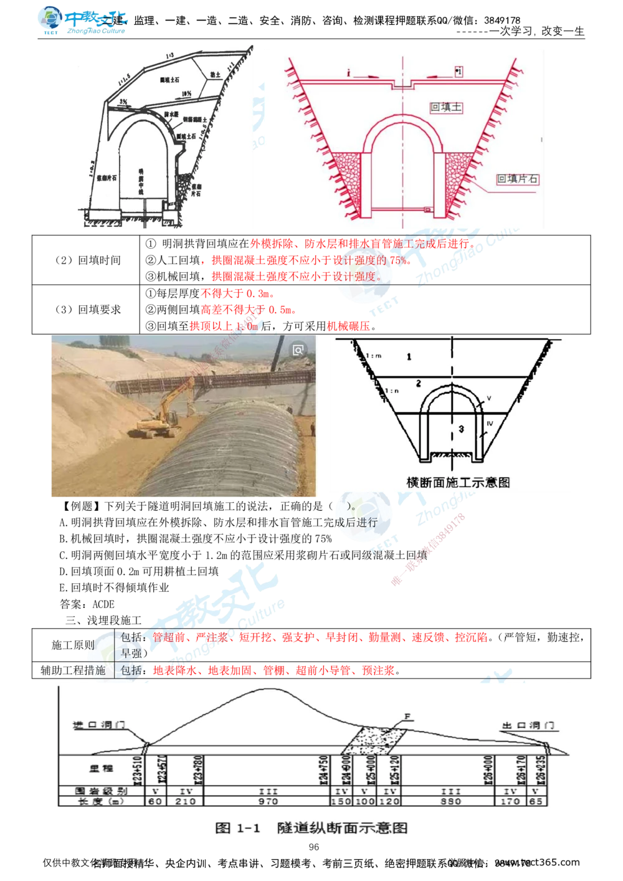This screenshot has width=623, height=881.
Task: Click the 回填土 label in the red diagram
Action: [447, 107]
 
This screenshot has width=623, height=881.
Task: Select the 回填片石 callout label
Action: [517, 179]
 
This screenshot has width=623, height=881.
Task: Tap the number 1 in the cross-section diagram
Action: [409, 357]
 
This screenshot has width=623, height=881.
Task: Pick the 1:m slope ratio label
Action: [373, 355]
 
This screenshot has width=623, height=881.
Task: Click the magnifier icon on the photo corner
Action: [298, 350]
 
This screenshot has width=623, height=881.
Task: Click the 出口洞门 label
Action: [530, 726]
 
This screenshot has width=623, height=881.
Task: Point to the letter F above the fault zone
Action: [407, 717]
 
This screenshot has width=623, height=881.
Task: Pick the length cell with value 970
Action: [267, 801]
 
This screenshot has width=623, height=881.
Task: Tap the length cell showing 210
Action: [185, 801]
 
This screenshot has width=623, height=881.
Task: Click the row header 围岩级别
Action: [99, 791]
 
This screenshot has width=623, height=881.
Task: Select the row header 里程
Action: [99, 769]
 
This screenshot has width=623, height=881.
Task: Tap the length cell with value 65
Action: [536, 801]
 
